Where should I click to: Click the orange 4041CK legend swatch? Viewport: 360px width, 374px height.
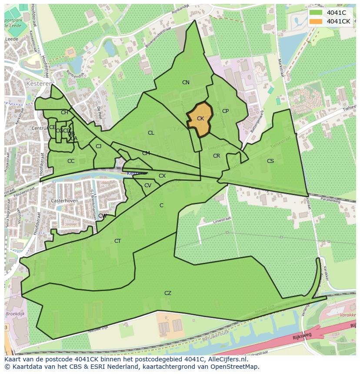coord(316,21)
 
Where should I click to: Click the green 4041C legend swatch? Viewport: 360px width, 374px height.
coord(316,13)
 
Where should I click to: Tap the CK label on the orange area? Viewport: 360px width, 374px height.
coord(200,119)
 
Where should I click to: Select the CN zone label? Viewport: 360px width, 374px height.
coord(186,83)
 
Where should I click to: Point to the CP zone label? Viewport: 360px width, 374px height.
coord(225,111)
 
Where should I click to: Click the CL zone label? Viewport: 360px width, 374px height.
coord(151,133)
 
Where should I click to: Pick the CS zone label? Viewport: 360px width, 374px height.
coord(270,161)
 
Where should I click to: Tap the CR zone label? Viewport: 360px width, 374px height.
coord(217,156)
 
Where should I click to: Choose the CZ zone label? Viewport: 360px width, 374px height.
coord(168,293)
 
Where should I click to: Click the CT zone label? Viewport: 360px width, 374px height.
coord(117,241)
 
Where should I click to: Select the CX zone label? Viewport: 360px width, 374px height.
coord(162,176)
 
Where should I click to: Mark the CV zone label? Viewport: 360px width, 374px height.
coord(148,185)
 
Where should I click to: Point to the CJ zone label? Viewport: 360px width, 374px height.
coord(99,146)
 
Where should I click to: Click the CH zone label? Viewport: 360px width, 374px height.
coord(64,113)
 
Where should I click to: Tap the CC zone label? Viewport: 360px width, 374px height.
coord(71,161)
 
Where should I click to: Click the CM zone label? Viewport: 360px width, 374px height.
coord(146,153)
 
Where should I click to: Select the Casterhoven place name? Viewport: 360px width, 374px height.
coord(64,201)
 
